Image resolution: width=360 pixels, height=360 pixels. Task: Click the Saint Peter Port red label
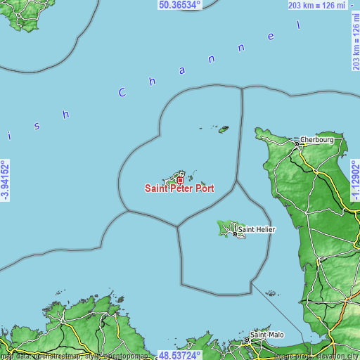pyautogui.click(x=179, y=188)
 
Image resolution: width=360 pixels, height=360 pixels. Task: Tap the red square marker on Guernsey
pyautogui.click(x=180, y=180)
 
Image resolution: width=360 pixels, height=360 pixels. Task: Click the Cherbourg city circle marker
pyautogui.click(x=297, y=143)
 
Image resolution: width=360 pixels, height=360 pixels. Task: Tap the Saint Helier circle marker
pyautogui.click(x=236, y=233)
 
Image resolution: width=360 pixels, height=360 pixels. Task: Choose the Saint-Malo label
pyautogui.click(x=267, y=335)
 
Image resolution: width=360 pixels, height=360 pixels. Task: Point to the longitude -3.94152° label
pyautogui.click(x=5, y=181)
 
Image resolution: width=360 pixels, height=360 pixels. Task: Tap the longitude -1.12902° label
pyautogui.click(x=355, y=179)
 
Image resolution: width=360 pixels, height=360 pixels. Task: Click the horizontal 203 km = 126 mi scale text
pyautogui.click(x=316, y=6)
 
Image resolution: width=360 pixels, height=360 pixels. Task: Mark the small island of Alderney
pyautogui.click(x=224, y=129)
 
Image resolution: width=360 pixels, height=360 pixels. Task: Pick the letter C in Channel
pyautogui.click(x=123, y=92)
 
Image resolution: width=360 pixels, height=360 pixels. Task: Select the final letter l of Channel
pyautogui.click(x=298, y=25)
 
